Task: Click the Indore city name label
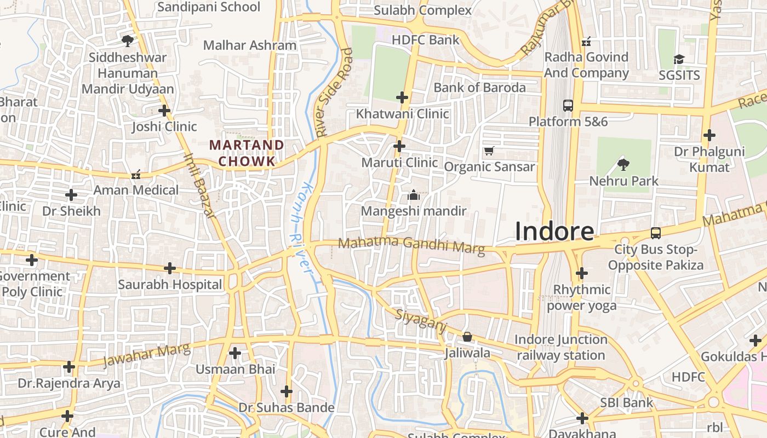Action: click(554, 232)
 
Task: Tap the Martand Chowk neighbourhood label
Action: click(247, 153)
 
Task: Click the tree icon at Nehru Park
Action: click(623, 164)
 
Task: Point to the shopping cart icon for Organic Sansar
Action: click(489, 151)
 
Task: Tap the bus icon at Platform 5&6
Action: click(568, 105)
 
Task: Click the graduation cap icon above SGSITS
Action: click(679, 59)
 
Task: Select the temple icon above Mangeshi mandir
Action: click(414, 195)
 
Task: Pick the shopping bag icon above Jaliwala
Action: click(467, 337)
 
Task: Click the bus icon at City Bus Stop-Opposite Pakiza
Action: click(655, 233)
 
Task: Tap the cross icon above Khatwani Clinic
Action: click(402, 97)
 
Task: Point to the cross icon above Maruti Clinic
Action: click(399, 146)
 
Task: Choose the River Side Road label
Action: click(333, 91)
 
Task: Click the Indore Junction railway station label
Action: click(561, 347)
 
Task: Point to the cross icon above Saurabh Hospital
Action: click(170, 268)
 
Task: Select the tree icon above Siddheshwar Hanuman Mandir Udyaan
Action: click(127, 40)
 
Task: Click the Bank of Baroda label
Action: click(479, 88)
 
